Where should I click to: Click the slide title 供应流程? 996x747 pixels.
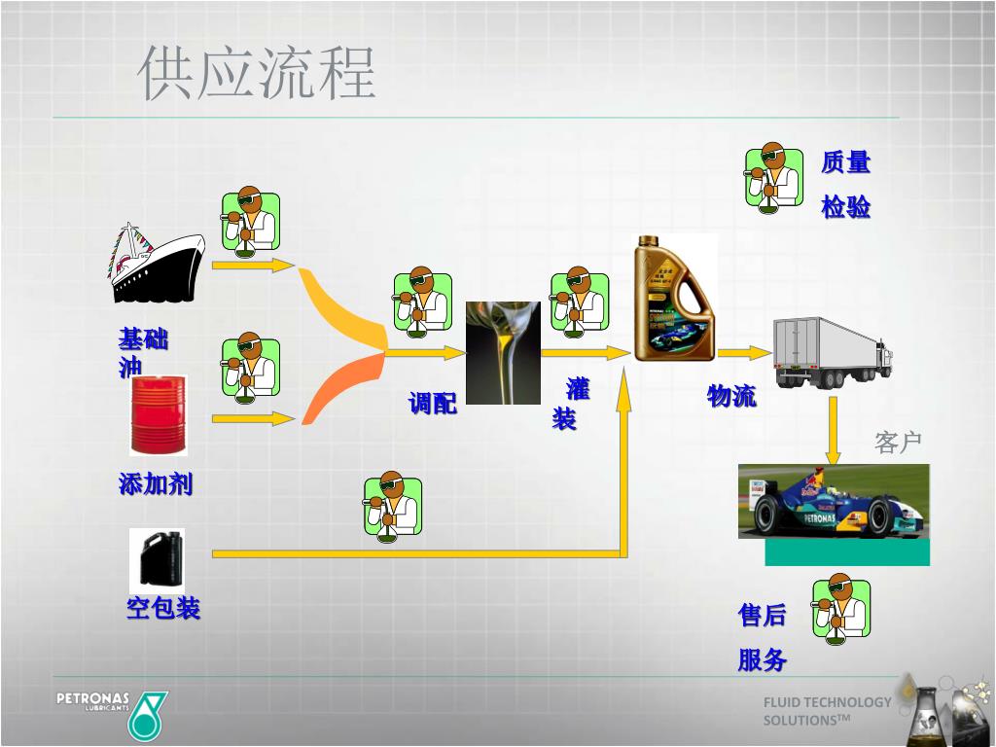click(257, 73)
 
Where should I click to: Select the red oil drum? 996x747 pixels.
click(158, 415)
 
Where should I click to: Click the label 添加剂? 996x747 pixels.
click(156, 483)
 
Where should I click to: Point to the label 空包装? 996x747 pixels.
click(163, 609)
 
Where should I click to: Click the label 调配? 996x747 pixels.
click(432, 403)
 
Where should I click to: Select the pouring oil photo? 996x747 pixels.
click(503, 352)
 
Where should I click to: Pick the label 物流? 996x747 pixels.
click(731, 396)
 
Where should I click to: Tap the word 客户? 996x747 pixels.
click(898, 443)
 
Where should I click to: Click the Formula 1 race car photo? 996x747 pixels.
click(834, 502)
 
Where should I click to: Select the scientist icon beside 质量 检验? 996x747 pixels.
click(774, 179)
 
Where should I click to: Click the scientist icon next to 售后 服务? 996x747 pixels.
click(841, 610)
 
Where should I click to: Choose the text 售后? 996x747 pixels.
click(762, 615)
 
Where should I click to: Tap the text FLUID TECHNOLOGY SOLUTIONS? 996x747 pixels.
click(826, 711)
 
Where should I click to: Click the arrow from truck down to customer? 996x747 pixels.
click(834, 428)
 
